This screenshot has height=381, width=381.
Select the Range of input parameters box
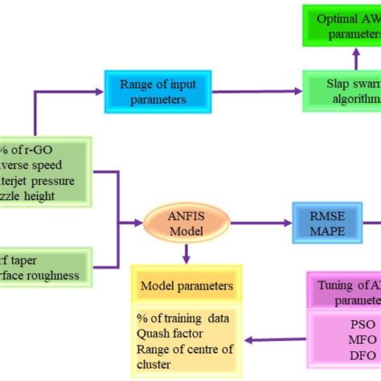coord(148,90)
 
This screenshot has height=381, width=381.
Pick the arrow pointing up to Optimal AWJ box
coord(354,56)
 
